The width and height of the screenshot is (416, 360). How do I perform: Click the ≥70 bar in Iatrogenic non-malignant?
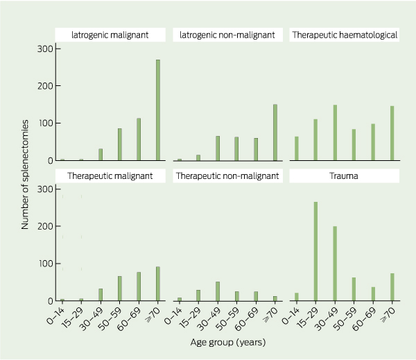[x=276, y=132]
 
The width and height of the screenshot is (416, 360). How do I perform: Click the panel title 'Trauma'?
[x=344, y=176]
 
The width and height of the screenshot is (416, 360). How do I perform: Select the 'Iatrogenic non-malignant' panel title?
[x=227, y=35]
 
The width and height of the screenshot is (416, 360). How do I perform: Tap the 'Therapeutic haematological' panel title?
[x=344, y=35]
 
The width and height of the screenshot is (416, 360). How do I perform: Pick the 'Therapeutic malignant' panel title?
[x=110, y=176]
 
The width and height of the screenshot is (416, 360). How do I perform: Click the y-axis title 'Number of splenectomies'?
[x=25, y=173]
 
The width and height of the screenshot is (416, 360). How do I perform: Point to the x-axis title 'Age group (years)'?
[x=228, y=342]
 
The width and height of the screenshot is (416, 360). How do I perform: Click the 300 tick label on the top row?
[x=44, y=49]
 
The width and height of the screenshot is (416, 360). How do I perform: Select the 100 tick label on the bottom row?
[x=44, y=264]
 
